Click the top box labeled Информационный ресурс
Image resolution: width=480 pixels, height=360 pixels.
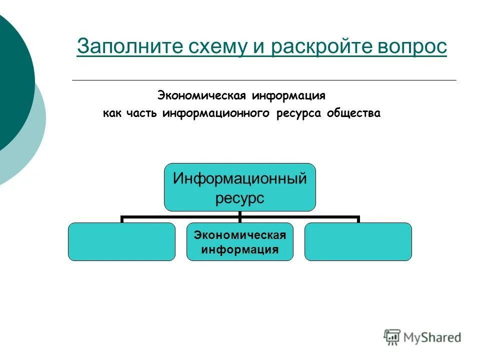(240, 187)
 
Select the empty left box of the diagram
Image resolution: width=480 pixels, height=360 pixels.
(121, 241)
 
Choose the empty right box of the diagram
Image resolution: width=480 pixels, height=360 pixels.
(358, 241)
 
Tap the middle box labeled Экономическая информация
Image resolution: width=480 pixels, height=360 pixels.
(240, 241)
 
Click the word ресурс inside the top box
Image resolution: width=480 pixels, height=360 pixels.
(240, 198)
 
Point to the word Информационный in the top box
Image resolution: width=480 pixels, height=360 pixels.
(240, 178)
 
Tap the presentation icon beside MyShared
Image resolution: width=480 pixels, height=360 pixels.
(392, 337)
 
